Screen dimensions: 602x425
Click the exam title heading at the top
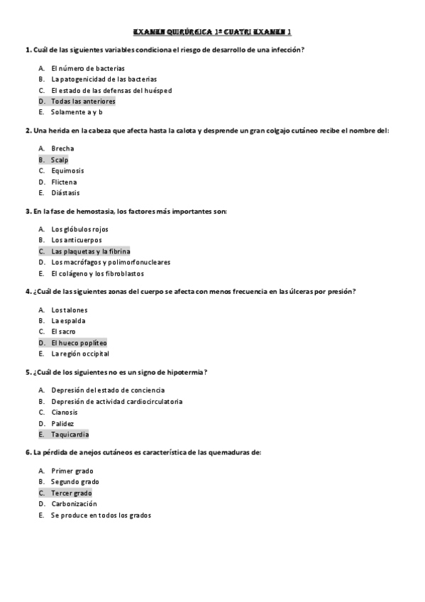pos(212,32)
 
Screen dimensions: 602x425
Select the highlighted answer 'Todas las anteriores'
pos(83,102)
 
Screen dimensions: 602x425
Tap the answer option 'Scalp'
pos(60,160)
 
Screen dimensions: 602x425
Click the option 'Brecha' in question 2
pos(62,148)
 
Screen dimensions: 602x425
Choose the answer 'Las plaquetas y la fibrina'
pos(90,251)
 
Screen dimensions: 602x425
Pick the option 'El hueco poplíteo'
pos(79,343)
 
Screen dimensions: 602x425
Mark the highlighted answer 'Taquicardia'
pos(70,434)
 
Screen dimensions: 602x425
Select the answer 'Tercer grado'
pos(71,493)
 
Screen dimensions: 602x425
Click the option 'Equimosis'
pos(67,170)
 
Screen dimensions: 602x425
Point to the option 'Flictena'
pos(64,182)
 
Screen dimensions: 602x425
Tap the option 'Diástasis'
pos(65,192)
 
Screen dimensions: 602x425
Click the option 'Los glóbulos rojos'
pos(79,229)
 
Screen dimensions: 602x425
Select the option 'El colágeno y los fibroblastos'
pos(97,273)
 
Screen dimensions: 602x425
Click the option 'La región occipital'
pos(80,354)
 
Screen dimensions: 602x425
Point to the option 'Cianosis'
pos(65,412)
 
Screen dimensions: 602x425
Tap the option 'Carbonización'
pos(74,504)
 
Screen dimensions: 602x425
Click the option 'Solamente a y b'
pos(77,112)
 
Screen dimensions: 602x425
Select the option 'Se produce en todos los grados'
pos(101,515)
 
